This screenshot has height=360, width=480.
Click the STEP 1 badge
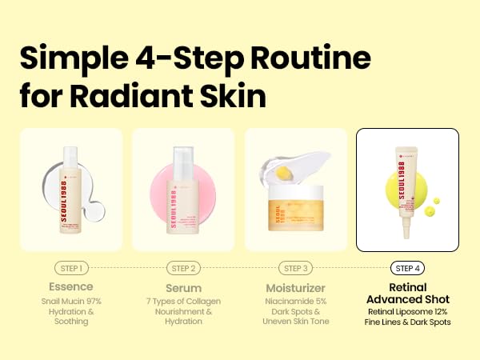(71, 269)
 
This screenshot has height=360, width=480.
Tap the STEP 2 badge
(183, 269)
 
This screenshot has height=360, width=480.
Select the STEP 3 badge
(295, 269)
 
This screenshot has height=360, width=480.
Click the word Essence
(71, 286)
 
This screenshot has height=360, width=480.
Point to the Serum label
(183, 286)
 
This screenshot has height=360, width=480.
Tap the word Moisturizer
(295, 286)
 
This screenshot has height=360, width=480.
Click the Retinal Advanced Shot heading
(408, 294)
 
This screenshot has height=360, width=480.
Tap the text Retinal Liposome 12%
(408, 311)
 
